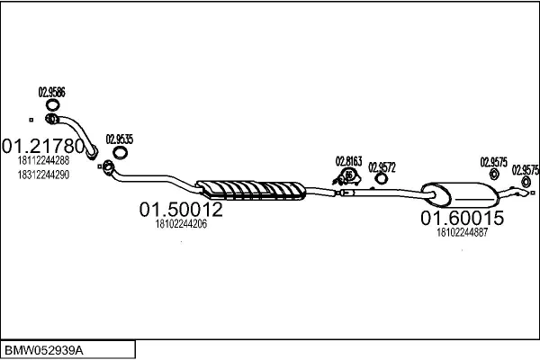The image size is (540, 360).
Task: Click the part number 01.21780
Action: [43, 146]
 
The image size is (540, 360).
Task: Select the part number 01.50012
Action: [181, 210]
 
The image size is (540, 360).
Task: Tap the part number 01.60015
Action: [463, 218]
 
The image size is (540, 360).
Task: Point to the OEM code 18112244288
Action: [43, 160]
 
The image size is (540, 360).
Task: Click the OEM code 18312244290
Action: [43, 175]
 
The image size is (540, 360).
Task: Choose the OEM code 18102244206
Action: [181, 224]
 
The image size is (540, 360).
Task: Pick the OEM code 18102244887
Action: [463, 233]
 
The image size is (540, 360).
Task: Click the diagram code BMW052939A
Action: [44, 351]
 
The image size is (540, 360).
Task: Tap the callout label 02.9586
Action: [51, 93]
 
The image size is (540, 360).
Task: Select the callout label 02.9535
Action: [120, 139]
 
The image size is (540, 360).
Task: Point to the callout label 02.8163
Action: [349, 161]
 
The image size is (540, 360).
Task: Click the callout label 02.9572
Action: [382, 167]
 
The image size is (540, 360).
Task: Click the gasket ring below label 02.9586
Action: [47, 104]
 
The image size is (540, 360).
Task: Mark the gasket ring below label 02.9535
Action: [114, 152]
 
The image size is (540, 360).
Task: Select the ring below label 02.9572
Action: [376, 179]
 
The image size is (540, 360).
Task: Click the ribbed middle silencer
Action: [251, 190]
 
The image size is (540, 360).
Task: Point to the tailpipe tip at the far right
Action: [526, 193]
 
